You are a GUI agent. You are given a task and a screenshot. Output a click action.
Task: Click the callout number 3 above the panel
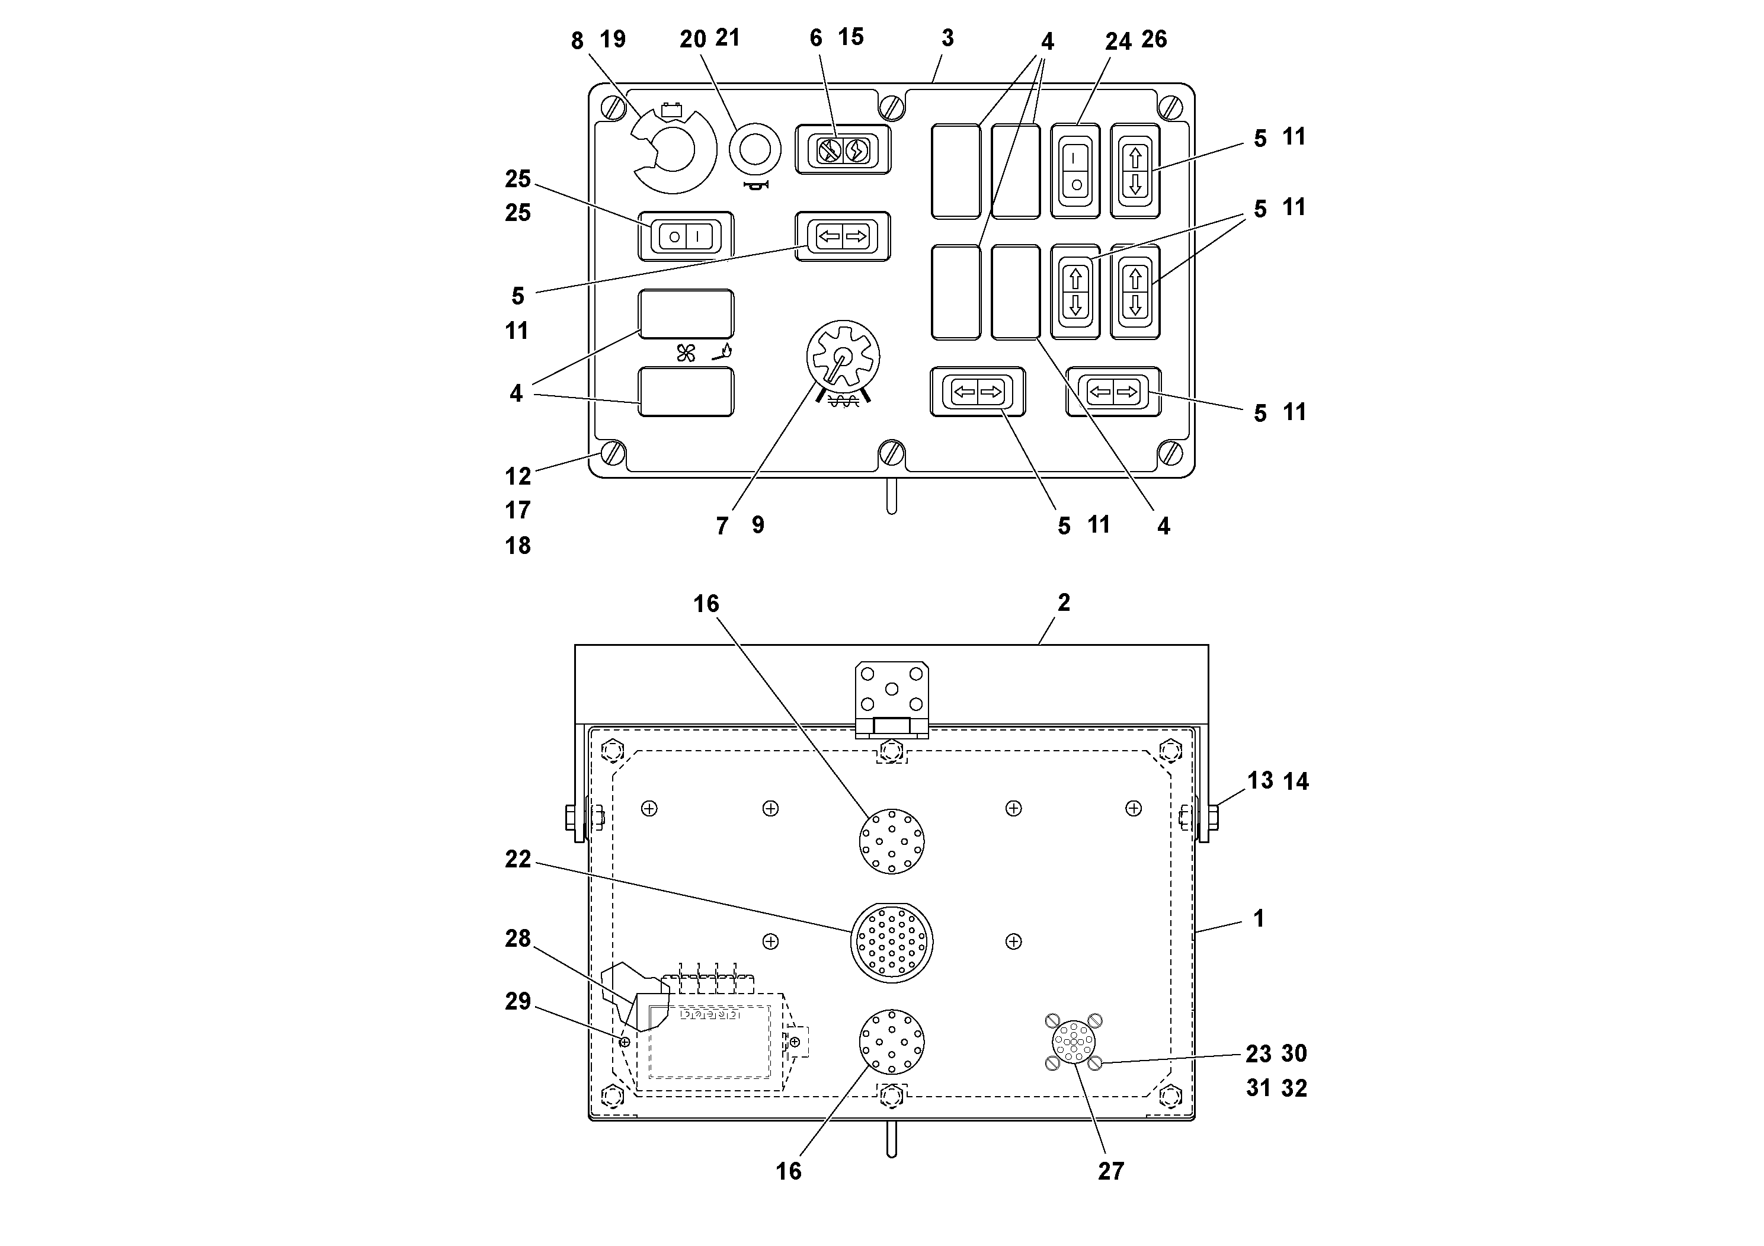(x=947, y=38)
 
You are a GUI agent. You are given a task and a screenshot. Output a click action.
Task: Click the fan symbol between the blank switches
(x=686, y=353)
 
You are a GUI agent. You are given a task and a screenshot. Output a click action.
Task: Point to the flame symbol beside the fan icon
(x=723, y=353)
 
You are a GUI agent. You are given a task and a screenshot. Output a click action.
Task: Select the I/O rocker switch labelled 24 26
(x=1075, y=171)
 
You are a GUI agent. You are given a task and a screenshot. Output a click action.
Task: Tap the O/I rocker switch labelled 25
(x=686, y=236)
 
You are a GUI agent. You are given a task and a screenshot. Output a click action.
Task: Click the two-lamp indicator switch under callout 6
(x=843, y=150)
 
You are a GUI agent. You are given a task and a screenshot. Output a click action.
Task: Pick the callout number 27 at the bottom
(x=1110, y=1171)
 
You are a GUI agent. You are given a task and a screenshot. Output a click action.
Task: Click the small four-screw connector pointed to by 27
(x=1073, y=1042)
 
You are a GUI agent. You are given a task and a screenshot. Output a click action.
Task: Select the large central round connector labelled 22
(x=891, y=943)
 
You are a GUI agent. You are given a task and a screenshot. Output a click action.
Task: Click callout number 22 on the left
(x=518, y=859)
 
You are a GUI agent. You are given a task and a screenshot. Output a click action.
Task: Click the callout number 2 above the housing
(x=1063, y=603)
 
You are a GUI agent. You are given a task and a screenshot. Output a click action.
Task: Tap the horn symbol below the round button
(x=757, y=186)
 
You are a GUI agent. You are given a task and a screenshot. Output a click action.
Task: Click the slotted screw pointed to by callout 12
(x=612, y=453)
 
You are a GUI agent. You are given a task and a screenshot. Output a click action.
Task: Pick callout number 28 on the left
(x=518, y=938)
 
